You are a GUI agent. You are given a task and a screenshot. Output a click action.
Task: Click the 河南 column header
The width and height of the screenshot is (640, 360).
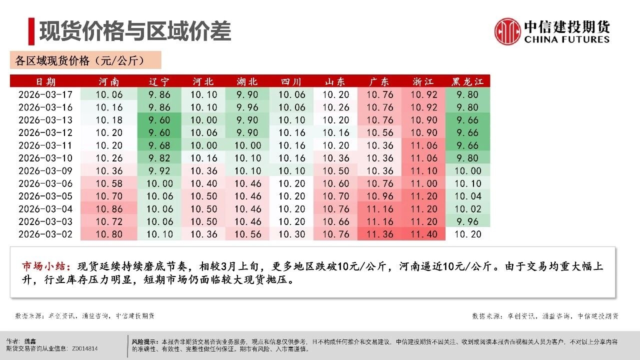pos(109,81)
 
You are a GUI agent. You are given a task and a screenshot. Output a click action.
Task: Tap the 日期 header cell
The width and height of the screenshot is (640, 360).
pos(45,81)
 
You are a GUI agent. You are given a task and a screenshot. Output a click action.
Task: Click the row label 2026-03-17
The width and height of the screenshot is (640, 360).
pos(45,94)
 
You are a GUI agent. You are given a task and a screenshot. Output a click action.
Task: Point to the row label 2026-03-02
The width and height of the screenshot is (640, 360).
pos(45,234)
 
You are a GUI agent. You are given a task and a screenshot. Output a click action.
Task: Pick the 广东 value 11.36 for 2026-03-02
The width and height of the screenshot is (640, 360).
pos(379,234)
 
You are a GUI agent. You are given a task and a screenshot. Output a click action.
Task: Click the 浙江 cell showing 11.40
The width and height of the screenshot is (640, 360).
pos(424,234)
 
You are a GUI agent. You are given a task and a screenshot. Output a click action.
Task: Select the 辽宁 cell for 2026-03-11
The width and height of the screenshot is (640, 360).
pos(159,145)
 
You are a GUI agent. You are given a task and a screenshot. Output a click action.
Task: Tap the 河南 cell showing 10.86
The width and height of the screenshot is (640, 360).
pos(109,209)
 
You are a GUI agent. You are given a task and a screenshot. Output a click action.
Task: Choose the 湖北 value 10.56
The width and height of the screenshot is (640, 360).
pos(247,234)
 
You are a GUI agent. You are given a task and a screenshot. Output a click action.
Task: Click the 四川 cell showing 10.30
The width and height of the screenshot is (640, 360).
pos(291,234)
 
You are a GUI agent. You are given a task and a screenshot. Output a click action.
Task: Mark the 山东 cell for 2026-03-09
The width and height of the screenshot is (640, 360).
pos(335,171)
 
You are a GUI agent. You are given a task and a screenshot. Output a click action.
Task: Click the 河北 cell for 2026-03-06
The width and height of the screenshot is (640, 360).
pos(203,183)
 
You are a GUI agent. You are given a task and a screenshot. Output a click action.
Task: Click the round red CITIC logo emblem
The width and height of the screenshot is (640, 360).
pos(507,31)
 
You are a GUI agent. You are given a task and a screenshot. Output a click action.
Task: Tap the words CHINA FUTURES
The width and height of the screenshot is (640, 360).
pos(567,39)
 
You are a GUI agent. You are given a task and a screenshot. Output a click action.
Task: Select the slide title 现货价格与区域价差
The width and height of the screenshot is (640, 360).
pos(135,31)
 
